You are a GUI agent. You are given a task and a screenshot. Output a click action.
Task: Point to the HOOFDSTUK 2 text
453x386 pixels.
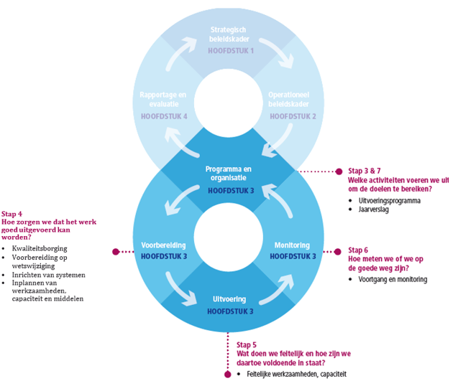tap(293, 116)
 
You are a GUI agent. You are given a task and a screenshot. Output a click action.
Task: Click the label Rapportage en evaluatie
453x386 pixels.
tap(164, 100)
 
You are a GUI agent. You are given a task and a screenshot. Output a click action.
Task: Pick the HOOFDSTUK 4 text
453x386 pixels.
tap(164, 116)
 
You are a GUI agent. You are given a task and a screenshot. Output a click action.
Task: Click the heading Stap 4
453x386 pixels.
tap(12, 214)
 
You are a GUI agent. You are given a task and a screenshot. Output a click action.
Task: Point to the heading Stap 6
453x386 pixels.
tap(359, 250)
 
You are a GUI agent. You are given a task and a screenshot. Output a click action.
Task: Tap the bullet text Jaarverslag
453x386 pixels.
tap(374, 210)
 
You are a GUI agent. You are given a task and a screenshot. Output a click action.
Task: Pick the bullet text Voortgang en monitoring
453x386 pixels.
tap(393, 279)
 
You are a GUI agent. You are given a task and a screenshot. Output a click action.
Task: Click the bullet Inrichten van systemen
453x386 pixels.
tap(48, 274)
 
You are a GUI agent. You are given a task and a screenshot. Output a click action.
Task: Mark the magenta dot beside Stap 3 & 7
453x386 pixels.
tap(339, 171)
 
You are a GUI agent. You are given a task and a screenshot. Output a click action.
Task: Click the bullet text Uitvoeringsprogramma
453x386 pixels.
tap(389, 201)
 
